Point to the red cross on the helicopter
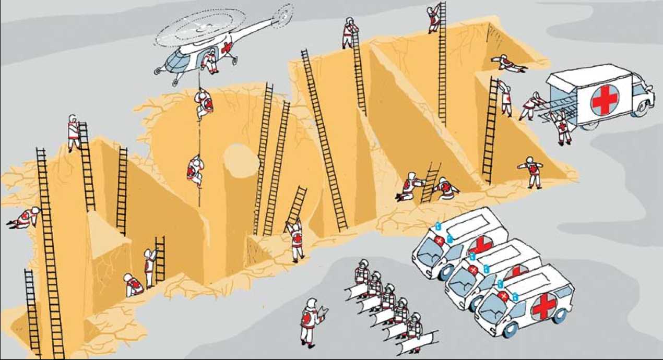pos(227,48)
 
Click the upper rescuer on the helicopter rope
pos(204,103)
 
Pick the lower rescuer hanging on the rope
pos(195,170)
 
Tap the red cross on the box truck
pos(605,100)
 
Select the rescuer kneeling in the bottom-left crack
pos(133,285)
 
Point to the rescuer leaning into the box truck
pos(531,106)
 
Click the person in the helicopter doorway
pos(211,59)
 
